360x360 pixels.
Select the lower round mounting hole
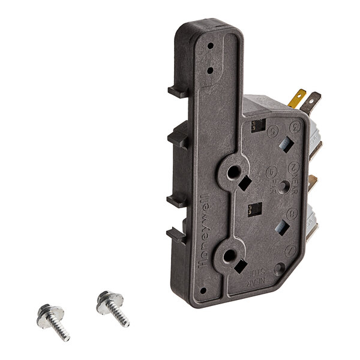229,257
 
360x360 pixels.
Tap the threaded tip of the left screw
65,336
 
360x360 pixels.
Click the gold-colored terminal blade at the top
296,98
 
